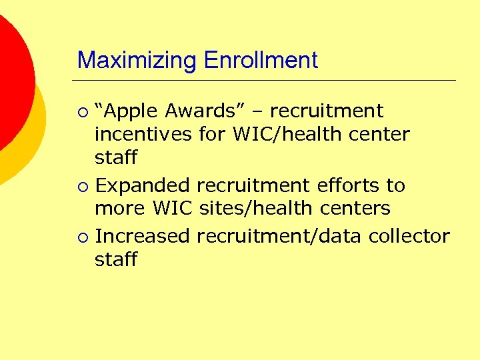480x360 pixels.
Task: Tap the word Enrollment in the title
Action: click(x=261, y=61)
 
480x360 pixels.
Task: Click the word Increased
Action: click(x=143, y=236)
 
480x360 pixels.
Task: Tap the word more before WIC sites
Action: click(x=121, y=209)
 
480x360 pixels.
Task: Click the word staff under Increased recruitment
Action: click(x=116, y=259)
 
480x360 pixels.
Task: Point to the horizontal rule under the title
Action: click(x=267, y=81)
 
